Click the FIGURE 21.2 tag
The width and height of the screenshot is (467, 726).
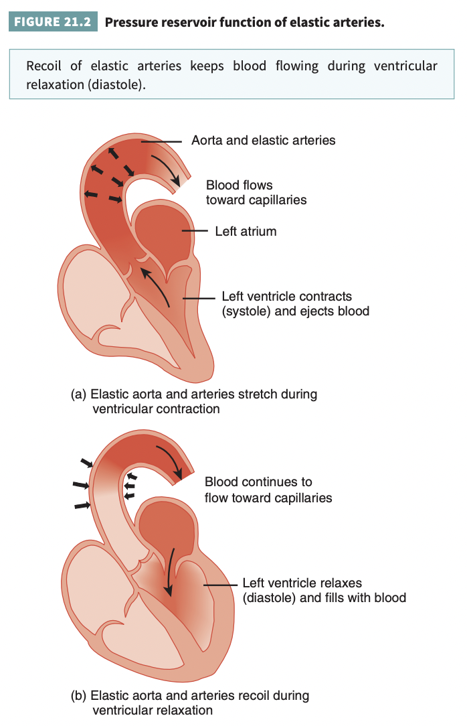[x=53, y=22]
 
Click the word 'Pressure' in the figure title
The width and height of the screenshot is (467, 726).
[x=130, y=22]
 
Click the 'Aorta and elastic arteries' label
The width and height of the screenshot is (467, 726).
[x=263, y=140]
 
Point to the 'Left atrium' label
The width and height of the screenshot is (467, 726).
[x=246, y=231]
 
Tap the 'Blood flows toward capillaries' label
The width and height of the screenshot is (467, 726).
[x=256, y=192]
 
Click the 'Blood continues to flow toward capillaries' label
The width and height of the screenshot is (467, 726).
[x=268, y=490]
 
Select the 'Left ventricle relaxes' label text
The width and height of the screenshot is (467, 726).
[x=302, y=583]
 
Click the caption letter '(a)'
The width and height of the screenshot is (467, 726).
[x=79, y=394]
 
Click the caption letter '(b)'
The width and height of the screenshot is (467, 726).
[x=79, y=696]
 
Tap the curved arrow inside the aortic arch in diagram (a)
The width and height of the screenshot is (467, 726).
[x=167, y=168]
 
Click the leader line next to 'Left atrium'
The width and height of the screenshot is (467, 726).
[x=197, y=231]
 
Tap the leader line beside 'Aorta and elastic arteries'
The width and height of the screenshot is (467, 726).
[x=164, y=141]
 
